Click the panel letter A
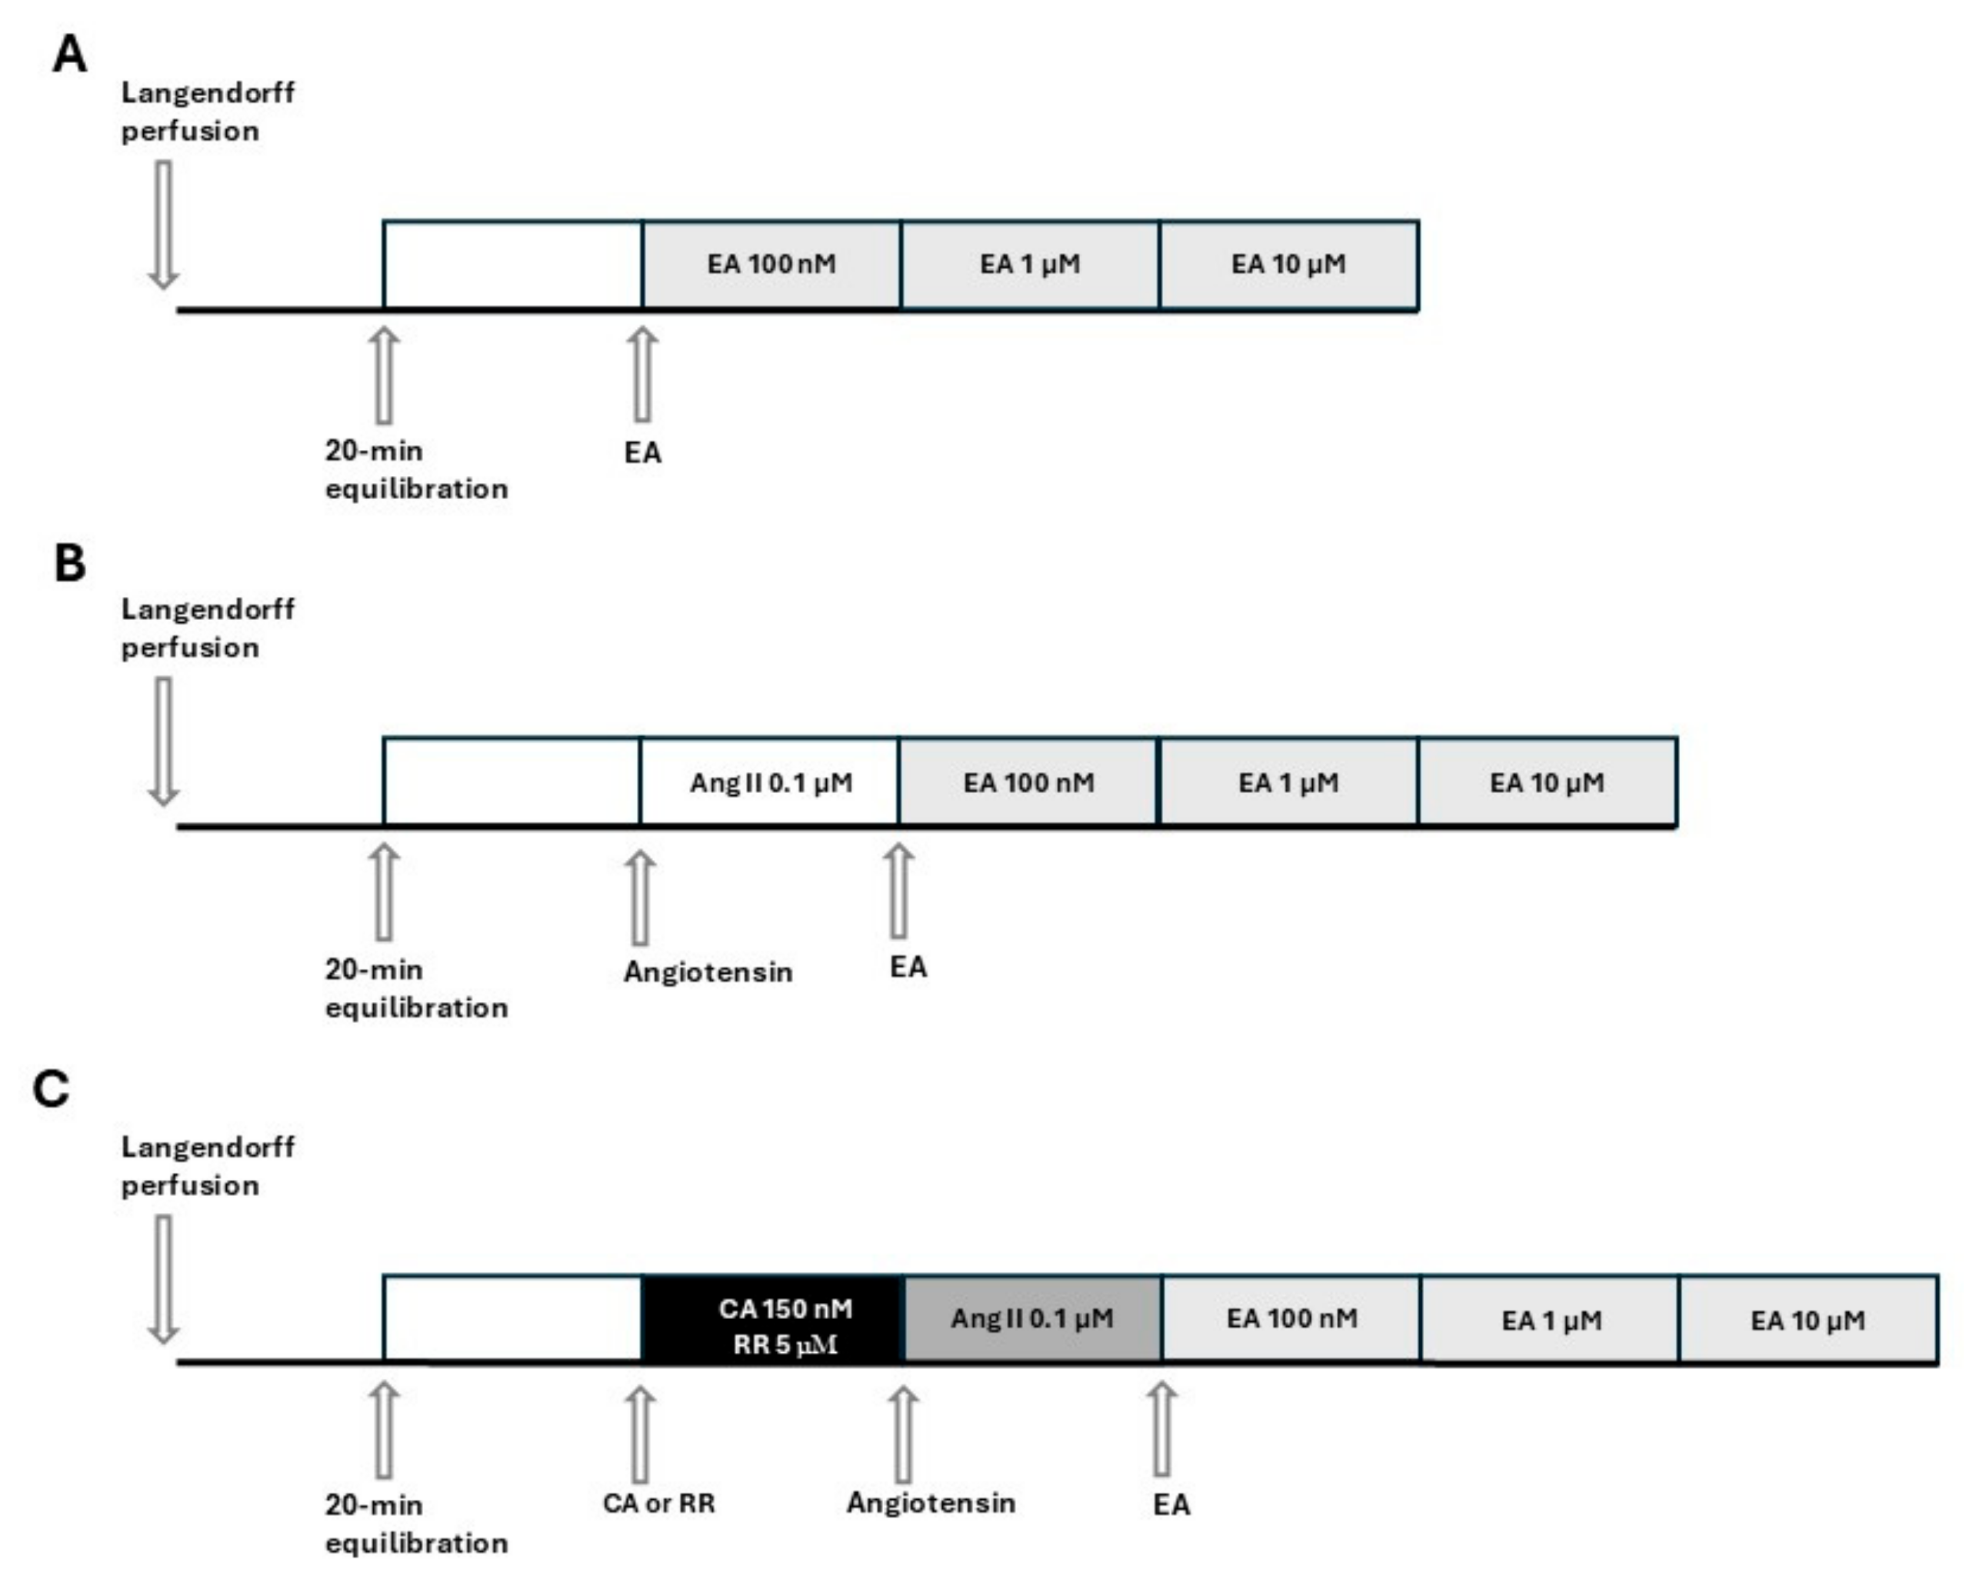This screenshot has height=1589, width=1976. [x=70, y=54]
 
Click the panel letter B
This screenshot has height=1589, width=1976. [x=70, y=564]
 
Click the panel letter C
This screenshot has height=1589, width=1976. [x=52, y=1090]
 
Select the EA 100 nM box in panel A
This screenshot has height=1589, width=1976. [x=771, y=265]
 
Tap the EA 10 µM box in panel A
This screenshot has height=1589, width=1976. [x=1288, y=265]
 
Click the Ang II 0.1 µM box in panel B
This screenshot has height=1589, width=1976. [x=770, y=783]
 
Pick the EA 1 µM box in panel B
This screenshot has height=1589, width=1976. [x=1288, y=783]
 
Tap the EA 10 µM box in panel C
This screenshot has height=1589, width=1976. [x=1808, y=1320]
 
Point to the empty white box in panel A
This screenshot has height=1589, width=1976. [x=512, y=265]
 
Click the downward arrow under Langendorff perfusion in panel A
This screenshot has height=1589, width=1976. [x=163, y=225]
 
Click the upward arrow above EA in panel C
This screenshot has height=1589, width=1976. [x=1161, y=1430]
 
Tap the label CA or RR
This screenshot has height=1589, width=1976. [x=658, y=1504]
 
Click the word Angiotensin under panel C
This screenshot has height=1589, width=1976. [x=930, y=1503]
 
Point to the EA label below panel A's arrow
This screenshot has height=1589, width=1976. [x=642, y=453]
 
